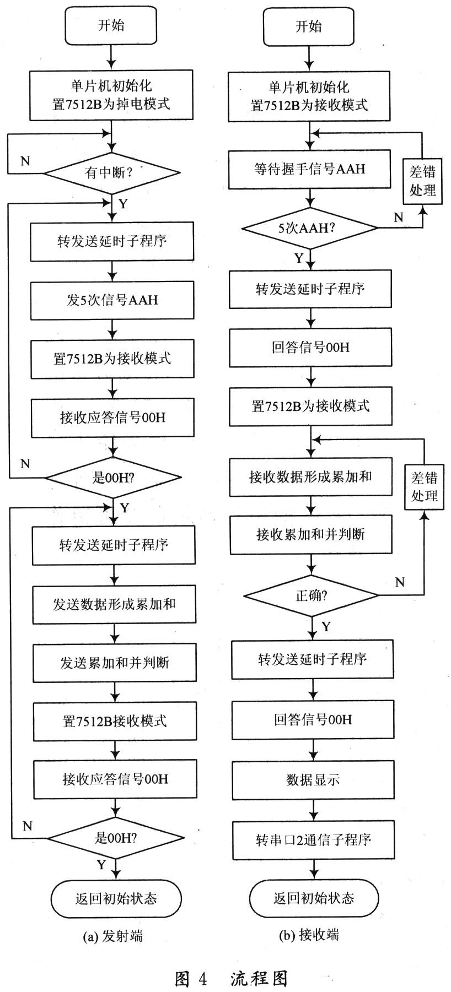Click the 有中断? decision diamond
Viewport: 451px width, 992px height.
click(x=111, y=173)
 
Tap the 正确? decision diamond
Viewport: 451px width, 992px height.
click(x=312, y=595)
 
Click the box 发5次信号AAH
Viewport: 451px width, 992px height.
click(x=112, y=300)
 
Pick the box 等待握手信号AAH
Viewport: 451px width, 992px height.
click(x=309, y=169)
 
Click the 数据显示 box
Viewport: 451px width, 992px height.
click(x=313, y=780)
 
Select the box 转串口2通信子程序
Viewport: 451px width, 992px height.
click(x=313, y=840)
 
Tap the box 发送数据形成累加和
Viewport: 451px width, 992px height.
click(x=114, y=604)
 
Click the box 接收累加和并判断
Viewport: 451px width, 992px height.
click(x=310, y=534)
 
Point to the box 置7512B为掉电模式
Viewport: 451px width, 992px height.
click(x=111, y=95)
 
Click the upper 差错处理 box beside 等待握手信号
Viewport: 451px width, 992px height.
click(x=422, y=181)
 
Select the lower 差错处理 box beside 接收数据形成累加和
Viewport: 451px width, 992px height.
click(x=424, y=486)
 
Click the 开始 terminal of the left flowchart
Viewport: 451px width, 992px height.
click(x=111, y=25)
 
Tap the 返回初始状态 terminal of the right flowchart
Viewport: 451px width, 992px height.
click(x=314, y=898)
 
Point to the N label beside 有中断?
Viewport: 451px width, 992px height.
click(x=25, y=161)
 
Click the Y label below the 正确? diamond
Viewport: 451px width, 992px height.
click(x=326, y=627)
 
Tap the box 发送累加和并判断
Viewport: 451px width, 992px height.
click(x=115, y=663)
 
